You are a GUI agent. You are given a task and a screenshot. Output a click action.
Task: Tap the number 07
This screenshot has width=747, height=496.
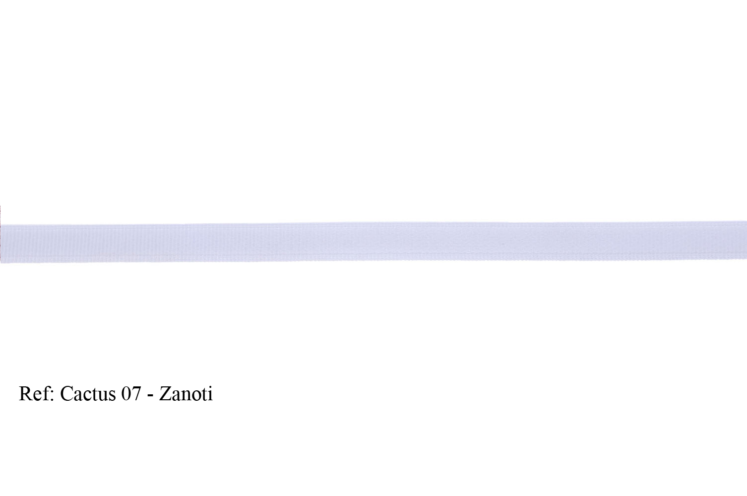pyautogui.click(x=131, y=394)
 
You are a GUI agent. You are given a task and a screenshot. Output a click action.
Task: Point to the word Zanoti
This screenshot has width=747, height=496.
pyautogui.click(x=186, y=394)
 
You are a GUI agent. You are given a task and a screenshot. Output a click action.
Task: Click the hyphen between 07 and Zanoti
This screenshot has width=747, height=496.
pyautogui.click(x=150, y=396)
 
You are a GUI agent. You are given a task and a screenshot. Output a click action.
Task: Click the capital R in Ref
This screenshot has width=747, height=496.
pyautogui.click(x=25, y=394)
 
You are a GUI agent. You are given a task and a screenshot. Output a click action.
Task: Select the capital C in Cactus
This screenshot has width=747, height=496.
pyautogui.click(x=66, y=394)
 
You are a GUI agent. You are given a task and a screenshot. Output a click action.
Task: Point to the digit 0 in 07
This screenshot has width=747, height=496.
pyautogui.click(x=126, y=394)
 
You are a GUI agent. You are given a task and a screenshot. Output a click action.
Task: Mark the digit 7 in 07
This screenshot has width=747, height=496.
pyautogui.click(x=136, y=394)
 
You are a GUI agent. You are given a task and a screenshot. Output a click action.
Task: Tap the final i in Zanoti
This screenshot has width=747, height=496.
pyautogui.click(x=210, y=394)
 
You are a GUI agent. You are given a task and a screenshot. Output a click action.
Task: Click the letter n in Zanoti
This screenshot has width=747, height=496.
pyautogui.click(x=185, y=396)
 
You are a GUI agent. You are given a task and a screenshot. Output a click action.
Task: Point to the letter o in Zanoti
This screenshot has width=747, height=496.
pyautogui.click(x=195, y=396)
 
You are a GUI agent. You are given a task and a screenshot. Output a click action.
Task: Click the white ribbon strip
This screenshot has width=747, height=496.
pyautogui.click(x=373, y=242)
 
